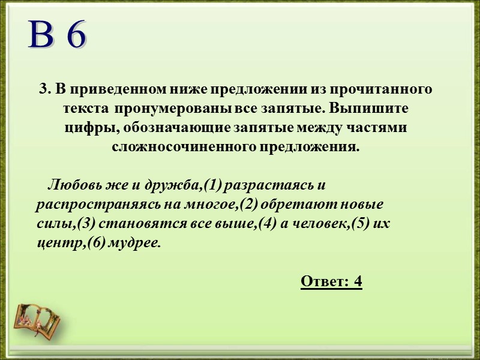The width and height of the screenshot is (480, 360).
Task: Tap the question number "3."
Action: [x=46, y=89]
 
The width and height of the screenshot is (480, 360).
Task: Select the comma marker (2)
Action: [x=248, y=204]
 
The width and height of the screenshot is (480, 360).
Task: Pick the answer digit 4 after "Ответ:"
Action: [x=358, y=281]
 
